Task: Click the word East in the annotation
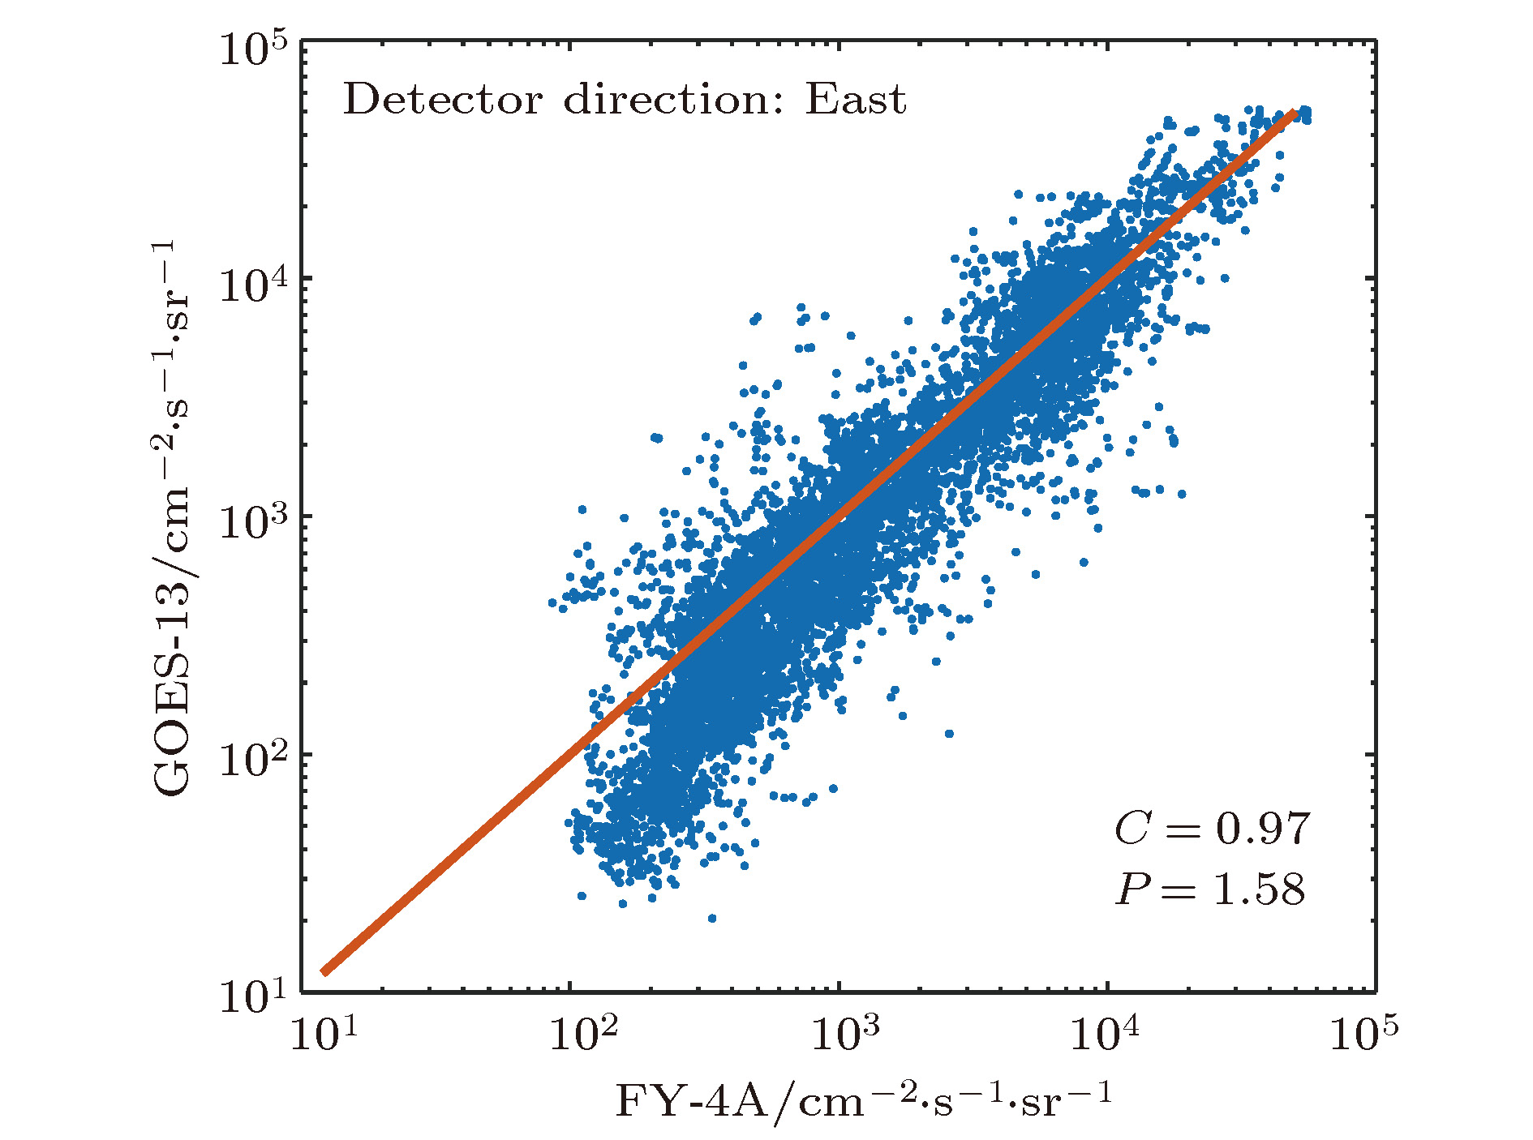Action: pos(855,101)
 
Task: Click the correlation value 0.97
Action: pos(1262,829)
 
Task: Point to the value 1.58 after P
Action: pos(1259,889)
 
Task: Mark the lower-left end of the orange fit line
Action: pos(324,971)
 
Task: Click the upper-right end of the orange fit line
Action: pos(1295,113)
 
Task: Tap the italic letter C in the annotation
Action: pos(1132,829)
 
